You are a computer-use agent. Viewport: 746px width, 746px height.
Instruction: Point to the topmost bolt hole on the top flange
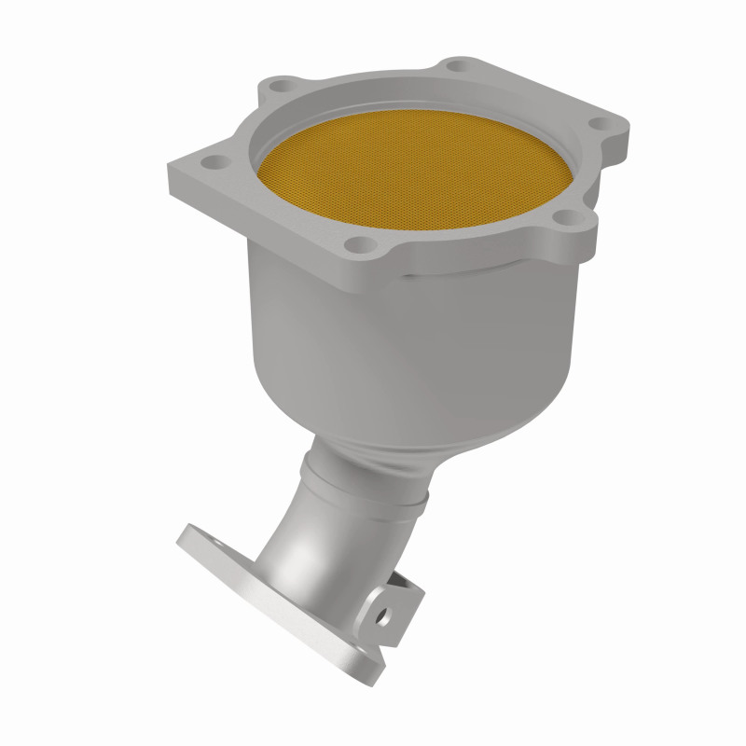tap(456, 66)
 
